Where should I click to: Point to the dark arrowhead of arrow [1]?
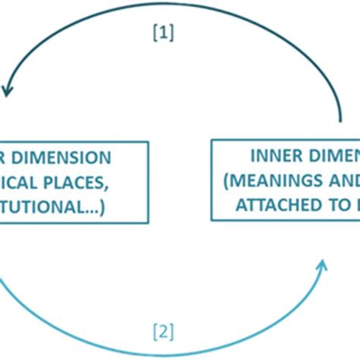pyautogui.click(x=8, y=91)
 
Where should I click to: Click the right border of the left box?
pyautogui.click(x=144, y=182)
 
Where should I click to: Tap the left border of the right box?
pyautogui.click(x=211, y=182)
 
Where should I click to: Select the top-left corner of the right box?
pyautogui.click(x=211, y=139)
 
